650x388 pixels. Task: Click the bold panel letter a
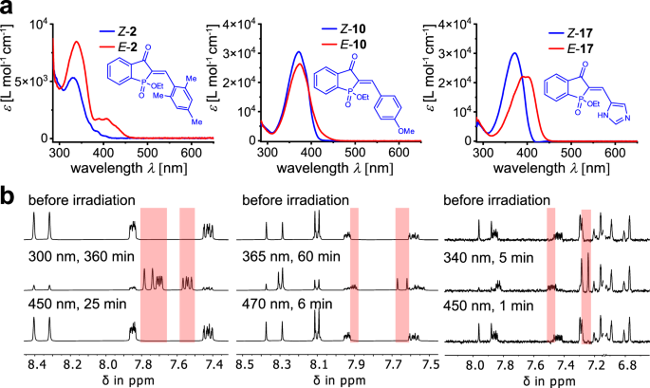click(9, 10)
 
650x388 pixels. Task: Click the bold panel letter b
click(9, 199)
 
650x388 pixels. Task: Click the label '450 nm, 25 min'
click(80, 305)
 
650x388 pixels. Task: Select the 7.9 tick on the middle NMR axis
click(354, 362)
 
